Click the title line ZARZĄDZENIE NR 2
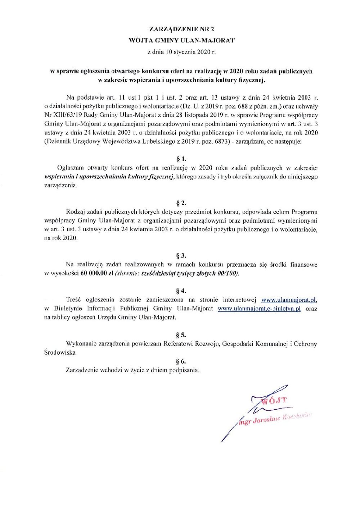[181, 29]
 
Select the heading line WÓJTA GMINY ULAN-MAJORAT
[181, 40]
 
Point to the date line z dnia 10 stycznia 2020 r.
[181, 52]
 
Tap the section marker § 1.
[181, 159]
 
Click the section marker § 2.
[181, 203]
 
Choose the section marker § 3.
[181, 256]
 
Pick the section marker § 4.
[181, 291]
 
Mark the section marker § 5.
[181, 335]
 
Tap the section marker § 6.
[181, 361]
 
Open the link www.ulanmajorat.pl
[289, 300]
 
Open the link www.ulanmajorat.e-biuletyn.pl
[259, 309]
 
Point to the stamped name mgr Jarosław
[260, 420]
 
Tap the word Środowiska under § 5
[60, 353]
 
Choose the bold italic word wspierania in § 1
[59, 177]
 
